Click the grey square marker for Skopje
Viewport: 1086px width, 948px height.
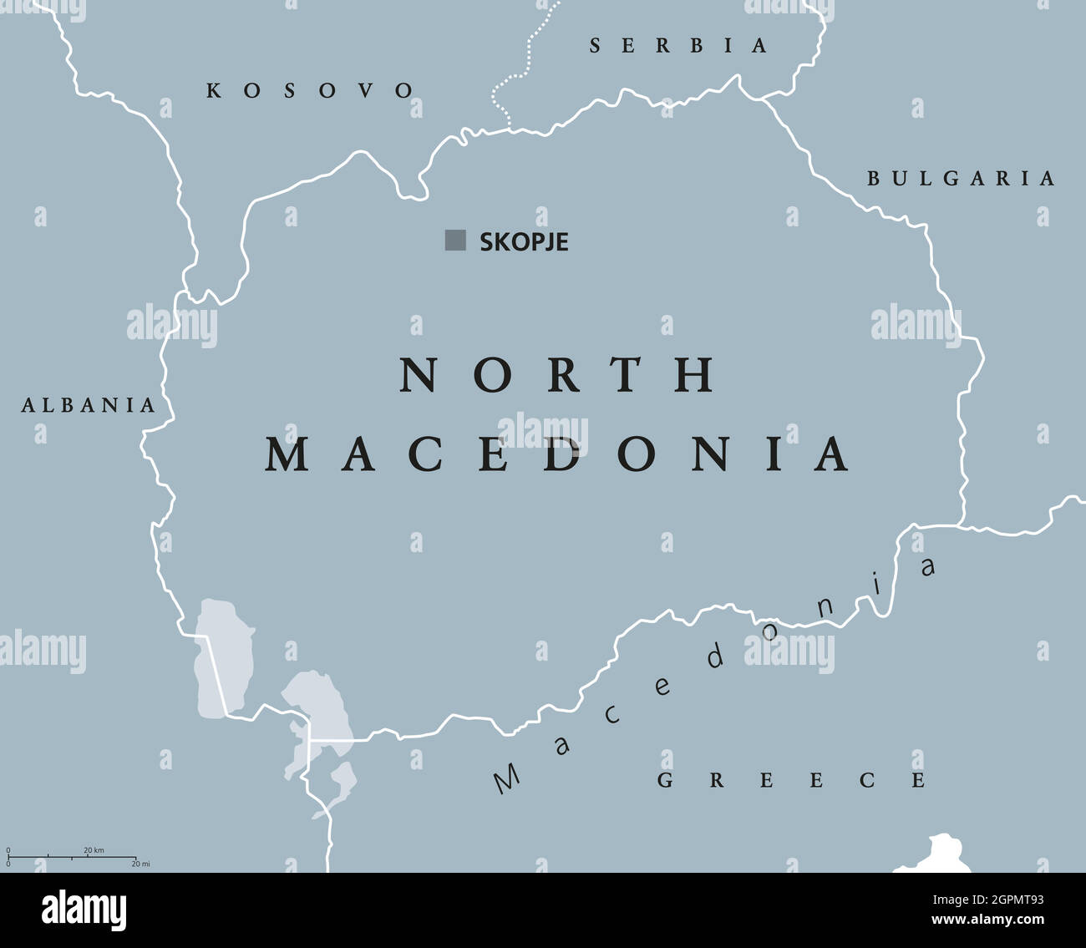[x=455, y=241]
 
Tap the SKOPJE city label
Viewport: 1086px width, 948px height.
[x=524, y=242]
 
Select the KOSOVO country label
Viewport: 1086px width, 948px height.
[x=310, y=90]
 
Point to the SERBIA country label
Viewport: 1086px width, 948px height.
[x=678, y=46]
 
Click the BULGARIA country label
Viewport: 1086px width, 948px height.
[x=961, y=178]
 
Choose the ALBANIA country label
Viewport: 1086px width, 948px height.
[x=89, y=406]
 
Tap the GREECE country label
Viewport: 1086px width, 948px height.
[x=792, y=780]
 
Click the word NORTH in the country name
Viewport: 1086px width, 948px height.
[x=558, y=375]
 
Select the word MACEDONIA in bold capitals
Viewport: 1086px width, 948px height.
[x=558, y=454]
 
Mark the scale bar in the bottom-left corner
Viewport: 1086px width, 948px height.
[x=72, y=857]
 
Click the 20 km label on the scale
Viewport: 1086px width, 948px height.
[x=94, y=850]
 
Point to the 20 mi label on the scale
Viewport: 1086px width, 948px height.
[x=140, y=864]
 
